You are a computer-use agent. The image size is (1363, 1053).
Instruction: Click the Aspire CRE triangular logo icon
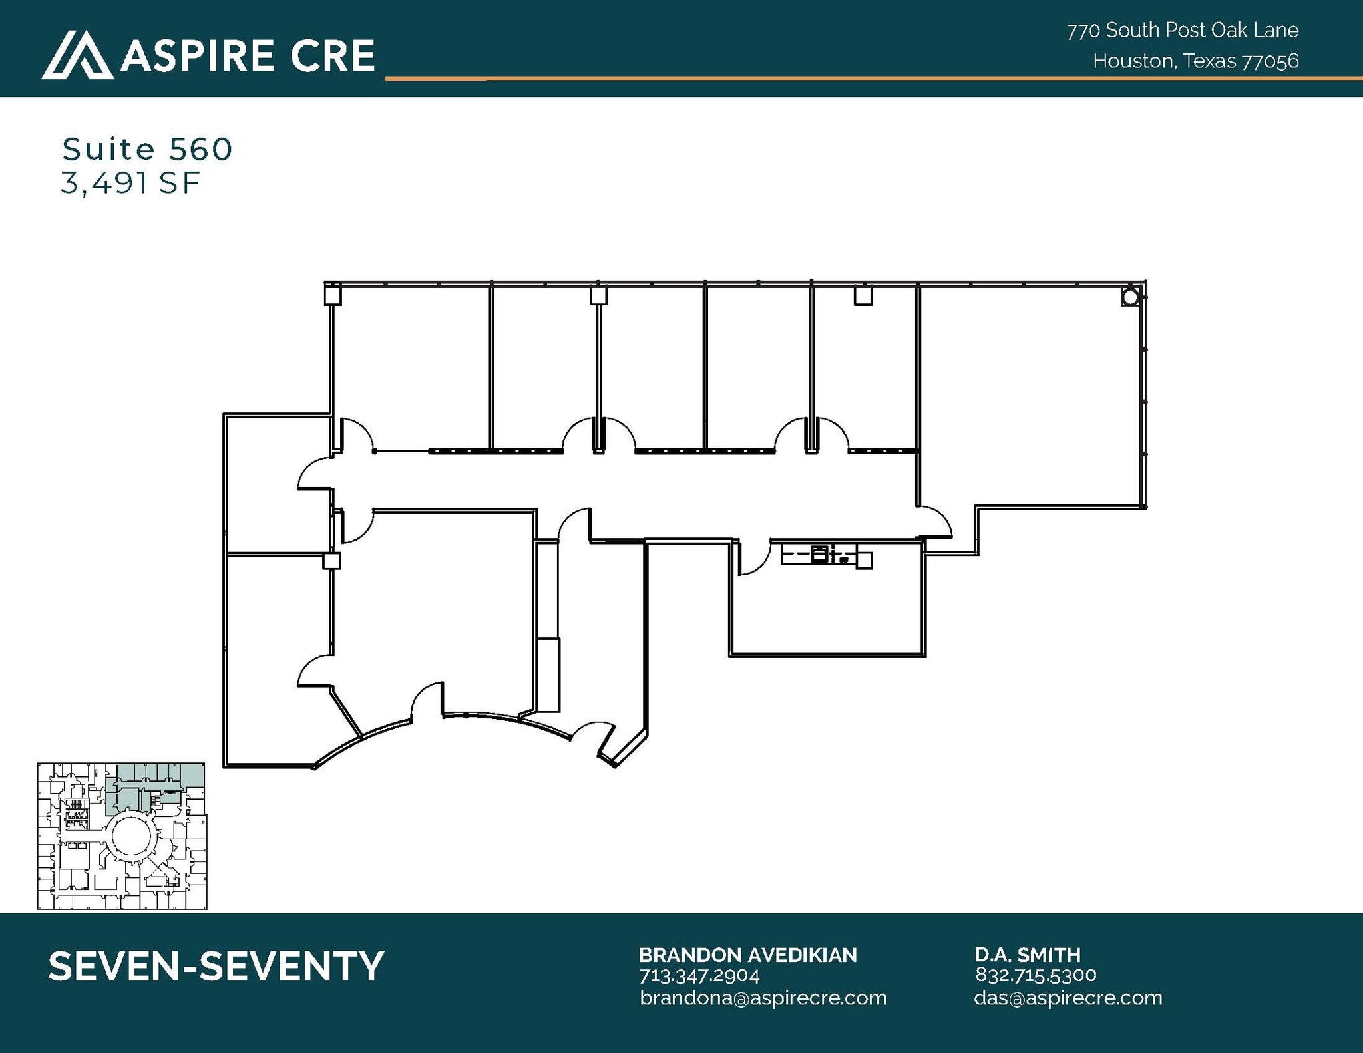tap(77, 55)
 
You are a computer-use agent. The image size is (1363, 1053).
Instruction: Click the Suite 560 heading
tap(147, 149)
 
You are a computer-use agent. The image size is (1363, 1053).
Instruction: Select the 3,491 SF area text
tap(130, 183)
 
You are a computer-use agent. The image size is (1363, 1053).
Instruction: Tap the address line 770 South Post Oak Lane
tap(1183, 30)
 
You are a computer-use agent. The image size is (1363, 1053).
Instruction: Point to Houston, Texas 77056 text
tap(1195, 61)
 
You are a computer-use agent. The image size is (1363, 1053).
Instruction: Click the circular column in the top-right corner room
tap(1129, 297)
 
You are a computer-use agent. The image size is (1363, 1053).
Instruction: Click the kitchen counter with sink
tap(825, 555)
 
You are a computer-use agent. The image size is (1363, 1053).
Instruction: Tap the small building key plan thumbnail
tap(122, 835)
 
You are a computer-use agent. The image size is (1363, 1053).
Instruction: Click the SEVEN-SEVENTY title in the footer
tap(216, 966)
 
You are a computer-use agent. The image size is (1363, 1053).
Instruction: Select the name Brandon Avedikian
tap(747, 955)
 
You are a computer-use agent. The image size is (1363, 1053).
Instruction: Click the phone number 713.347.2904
tap(699, 975)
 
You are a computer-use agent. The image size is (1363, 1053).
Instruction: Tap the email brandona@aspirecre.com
tap(763, 998)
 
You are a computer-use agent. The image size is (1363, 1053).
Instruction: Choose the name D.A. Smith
tap(1027, 955)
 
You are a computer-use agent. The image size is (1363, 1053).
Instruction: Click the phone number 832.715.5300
tap(1035, 975)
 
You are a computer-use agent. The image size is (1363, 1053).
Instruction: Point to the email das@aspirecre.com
tap(1068, 998)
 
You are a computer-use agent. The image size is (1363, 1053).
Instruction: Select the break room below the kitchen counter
tap(829, 612)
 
